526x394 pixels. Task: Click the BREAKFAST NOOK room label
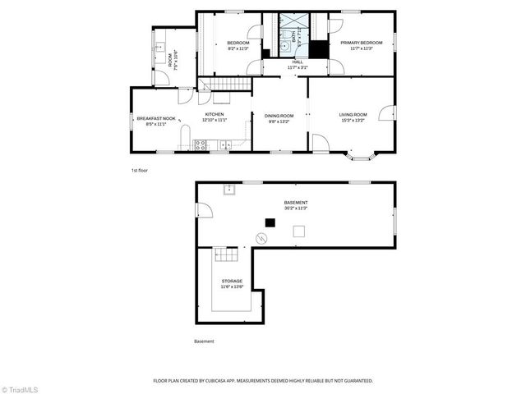coord(156,117)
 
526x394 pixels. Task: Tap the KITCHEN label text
coord(215,114)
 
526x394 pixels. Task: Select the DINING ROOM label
coord(279,116)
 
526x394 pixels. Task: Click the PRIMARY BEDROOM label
coord(362,43)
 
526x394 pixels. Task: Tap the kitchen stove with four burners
coord(199,145)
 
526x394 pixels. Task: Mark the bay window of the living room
coord(362,154)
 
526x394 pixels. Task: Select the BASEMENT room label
coord(296,203)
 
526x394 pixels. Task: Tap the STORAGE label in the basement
coord(232,281)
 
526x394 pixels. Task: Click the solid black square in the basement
coord(269,222)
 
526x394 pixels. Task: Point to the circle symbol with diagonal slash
coord(261,239)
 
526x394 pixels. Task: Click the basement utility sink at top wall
coord(230,190)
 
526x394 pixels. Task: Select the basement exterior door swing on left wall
coord(203,211)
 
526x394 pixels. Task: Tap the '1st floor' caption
coord(139,170)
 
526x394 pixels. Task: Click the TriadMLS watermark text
coord(21,388)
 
